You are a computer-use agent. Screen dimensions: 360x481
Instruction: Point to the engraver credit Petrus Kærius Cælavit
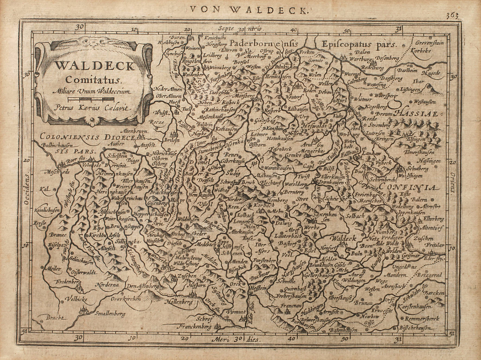[92, 108]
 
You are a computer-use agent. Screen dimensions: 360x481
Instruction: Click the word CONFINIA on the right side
[408, 187]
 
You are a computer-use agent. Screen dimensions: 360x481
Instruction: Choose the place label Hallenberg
[179, 302]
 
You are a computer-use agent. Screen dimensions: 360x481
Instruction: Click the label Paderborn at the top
[251, 43]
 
